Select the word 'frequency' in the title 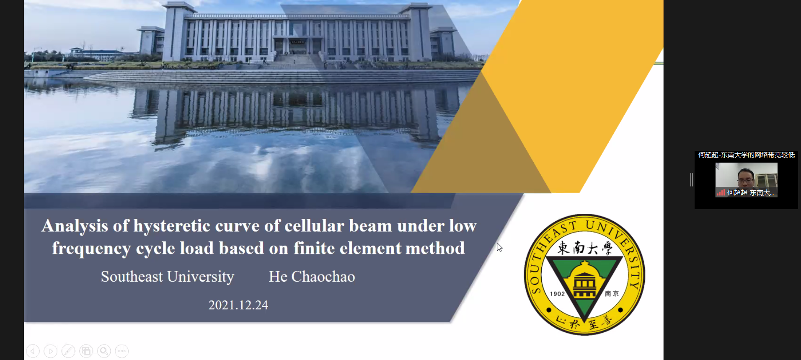pos(91,249)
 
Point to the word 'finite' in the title pos(314,248)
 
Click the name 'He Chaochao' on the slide pos(312,277)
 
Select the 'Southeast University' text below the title pos(168,277)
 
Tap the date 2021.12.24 pos(238,305)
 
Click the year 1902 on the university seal pos(557,294)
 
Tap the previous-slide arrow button pos(33,351)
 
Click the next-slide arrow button pos(51,351)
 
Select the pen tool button pos(68,351)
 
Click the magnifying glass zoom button pos(104,351)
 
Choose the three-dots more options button pos(122,351)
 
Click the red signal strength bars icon pos(721,193)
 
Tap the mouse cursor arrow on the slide pos(499,247)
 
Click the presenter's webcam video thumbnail pos(747,180)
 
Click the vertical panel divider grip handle pos(692,180)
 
